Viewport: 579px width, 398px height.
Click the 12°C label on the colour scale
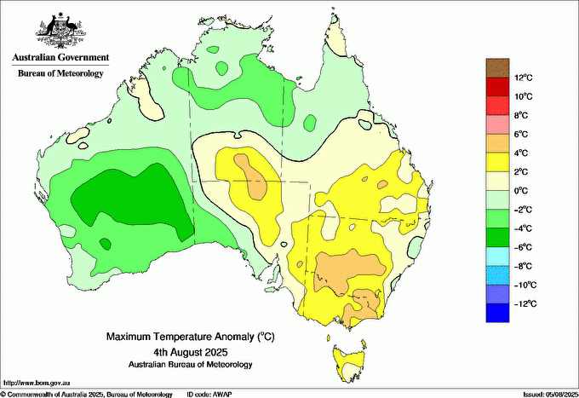coord(522,78)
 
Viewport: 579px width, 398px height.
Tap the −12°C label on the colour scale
coord(521,303)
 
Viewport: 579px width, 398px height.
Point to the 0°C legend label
coord(520,191)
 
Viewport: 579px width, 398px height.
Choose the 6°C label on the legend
coord(520,135)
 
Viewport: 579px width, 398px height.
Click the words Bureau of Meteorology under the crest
coord(60,74)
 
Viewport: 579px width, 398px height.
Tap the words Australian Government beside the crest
coord(60,58)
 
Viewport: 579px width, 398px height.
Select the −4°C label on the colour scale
coord(520,228)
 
